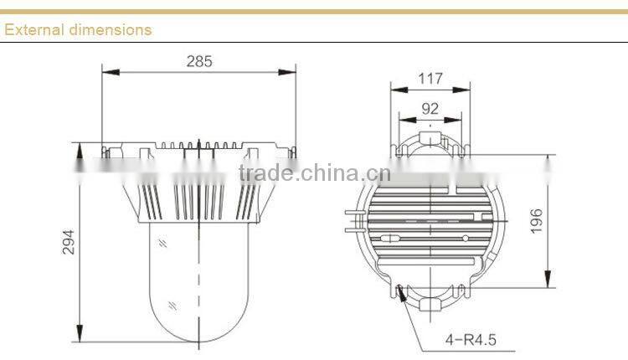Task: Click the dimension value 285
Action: (x=199, y=61)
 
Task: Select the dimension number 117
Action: (x=430, y=79)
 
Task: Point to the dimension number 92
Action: (x=430, y=108)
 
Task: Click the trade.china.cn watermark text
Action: (x=314, y=173)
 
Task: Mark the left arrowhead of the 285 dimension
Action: (x=106, y=72)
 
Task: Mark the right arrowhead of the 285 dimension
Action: (x=293, y=72)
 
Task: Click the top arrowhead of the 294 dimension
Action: (x=80, y=146)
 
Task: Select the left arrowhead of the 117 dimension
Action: (x=395, y=90)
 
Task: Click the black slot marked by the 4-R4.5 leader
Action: (x=404, y=293)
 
